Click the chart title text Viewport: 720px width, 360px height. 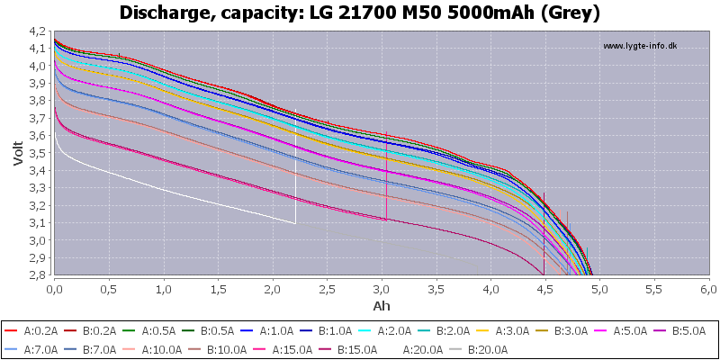pyautogui.click(x=360, y=13)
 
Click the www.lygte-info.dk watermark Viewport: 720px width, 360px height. pyautogui.click(x=639, y=46)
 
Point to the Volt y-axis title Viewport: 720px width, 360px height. pyautogui.click(x=19, y=153)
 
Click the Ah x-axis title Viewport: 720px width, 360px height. pyautogui.click(x=381, y=306)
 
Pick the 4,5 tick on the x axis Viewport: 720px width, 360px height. pyautogui.click(x=544, y=290)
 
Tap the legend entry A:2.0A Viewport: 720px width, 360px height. pyautogui.click(x=396, y=330)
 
